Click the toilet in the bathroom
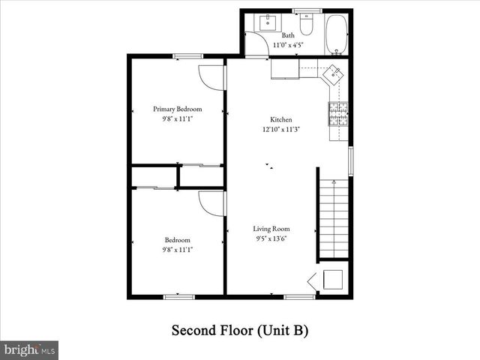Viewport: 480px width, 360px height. pos(306,25)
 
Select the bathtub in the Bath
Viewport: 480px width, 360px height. pos(337,34)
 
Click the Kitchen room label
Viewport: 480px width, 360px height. pos(281,119)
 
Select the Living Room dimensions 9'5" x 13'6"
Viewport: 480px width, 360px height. pos(271,238)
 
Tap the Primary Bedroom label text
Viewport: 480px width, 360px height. pos(178,109)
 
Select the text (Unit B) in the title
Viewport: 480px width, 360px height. pos(283,330)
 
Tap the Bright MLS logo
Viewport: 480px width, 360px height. pos(29,349)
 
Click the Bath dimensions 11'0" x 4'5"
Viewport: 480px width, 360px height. pos(288,46)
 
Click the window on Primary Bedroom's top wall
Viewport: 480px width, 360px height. pos(187,55)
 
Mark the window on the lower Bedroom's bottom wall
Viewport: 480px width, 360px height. pos(178,296)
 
